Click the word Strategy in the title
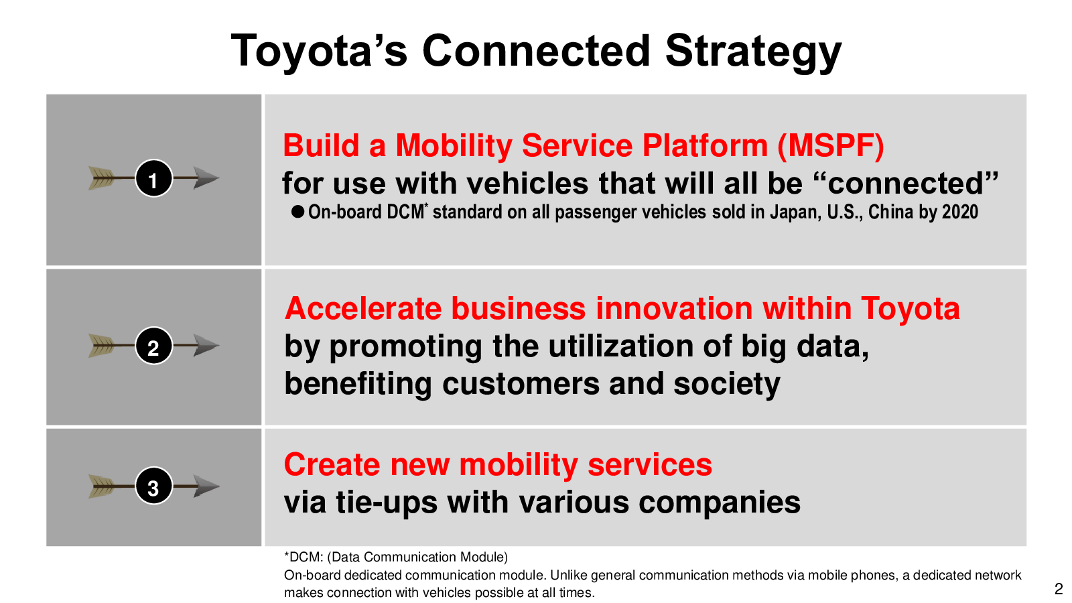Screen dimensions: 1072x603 tap(753, 52)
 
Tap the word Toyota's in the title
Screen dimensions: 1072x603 tap(319, 52)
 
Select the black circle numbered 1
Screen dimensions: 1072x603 tap(153, 178)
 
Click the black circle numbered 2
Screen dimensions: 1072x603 tap(153, 346)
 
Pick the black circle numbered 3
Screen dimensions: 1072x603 tap(153, 486)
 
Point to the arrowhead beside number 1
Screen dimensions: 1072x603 tap(206, 178)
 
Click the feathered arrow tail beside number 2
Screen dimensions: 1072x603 tap(102, 346)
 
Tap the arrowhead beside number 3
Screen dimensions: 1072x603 tap(206, 486)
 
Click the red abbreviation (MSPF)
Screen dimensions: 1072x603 tap(831, 145)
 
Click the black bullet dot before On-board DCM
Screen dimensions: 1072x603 tap(297, 212)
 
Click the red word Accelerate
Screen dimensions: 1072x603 tap(362, 308)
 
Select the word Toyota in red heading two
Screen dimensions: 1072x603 tap(910, 309)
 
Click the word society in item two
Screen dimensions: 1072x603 tap(727, 385)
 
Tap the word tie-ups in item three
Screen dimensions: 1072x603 tap(387, 503)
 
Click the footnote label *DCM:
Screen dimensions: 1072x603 tap(304, 557)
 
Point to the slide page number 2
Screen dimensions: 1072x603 tap(1059, 588)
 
